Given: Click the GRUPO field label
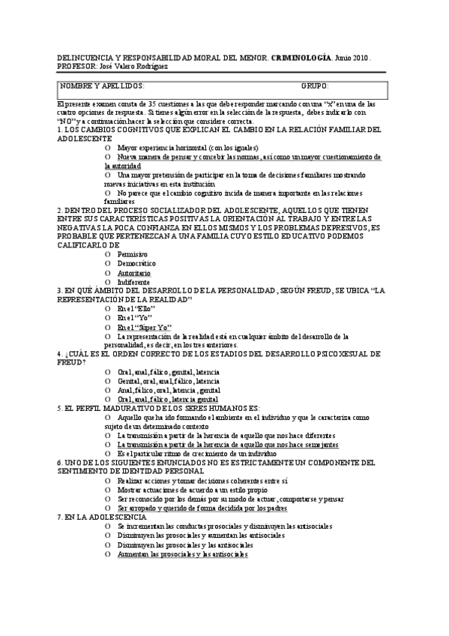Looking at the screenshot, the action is pos(316,87).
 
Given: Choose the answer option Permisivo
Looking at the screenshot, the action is pos(133,254).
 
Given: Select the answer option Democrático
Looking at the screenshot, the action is pos(137,264).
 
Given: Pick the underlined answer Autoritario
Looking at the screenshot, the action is pos(134,274).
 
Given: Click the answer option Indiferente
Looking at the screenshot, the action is pos(134,283).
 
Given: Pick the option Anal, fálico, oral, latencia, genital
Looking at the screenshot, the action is pos(169,390).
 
